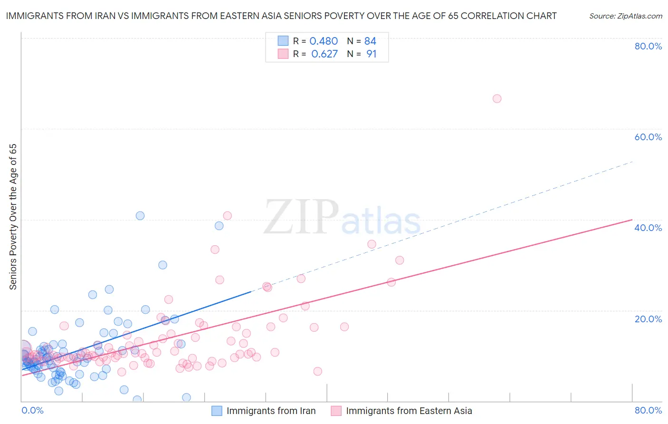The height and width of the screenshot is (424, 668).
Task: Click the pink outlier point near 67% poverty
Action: (497, 99)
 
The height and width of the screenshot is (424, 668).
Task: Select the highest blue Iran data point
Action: (140, 216)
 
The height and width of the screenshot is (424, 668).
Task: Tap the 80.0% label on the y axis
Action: (648, 46)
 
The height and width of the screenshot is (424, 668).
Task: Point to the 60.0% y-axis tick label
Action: (648, 137)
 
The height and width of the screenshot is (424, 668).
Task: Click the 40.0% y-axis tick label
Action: (648, 228)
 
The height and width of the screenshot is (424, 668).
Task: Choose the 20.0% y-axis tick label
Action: (648, 319)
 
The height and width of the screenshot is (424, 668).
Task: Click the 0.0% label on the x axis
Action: (33, 410)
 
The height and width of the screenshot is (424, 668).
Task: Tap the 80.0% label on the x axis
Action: (648, 410)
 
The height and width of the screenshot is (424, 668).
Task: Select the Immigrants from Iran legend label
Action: (271, 411)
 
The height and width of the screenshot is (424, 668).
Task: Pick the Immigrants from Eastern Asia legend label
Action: (409, 411)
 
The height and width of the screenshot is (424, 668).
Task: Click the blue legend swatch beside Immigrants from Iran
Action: (217, 411)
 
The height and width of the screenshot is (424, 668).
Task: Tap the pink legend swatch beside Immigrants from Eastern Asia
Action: (336, 411)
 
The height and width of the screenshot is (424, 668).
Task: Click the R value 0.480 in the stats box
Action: (324, 41)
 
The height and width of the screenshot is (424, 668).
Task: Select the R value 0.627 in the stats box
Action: (324, 54)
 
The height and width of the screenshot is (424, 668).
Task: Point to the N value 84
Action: (370, 41)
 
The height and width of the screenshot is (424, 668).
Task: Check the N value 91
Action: (371, 54)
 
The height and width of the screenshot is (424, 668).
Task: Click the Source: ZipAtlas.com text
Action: (625, 16)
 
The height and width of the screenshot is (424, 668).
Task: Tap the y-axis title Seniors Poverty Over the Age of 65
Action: (13, 217)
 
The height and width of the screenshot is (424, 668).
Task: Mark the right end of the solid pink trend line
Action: (632, 220)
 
